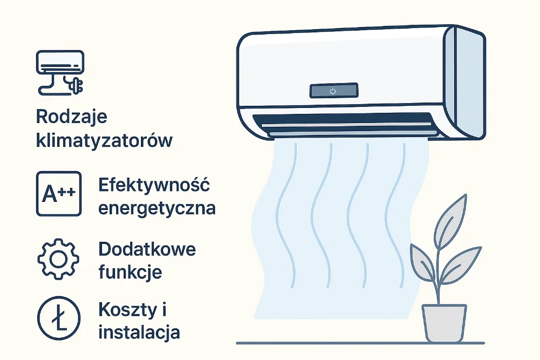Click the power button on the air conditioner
tap(333, 91)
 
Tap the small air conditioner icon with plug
tap(59, 70)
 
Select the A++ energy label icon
tap(58, 194)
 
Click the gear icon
tap(58, 258)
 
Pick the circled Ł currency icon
tap(58, 318)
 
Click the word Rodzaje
tap(71, 117)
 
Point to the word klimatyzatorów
tap(104, 140)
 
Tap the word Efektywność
tap(154, 185)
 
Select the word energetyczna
tap(157, 208)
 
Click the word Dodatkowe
tap(147, 249)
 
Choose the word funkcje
tap(130, 271)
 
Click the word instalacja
tap(139, 332)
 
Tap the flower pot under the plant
tap(444, 324)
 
